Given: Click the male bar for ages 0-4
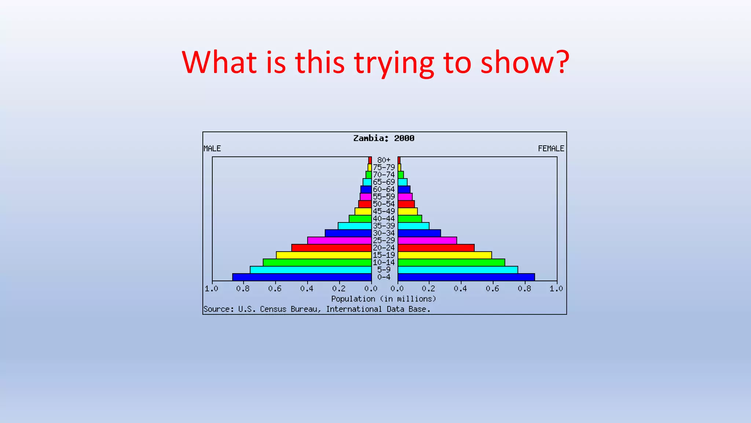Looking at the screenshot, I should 302,277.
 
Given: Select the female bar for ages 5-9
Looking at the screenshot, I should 458,270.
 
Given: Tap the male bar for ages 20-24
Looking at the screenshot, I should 331,248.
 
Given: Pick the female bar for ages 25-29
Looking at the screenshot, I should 427,241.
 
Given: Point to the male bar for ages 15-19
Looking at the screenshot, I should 324,255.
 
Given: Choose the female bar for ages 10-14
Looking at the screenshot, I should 451,263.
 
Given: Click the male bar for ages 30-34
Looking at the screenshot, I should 348,233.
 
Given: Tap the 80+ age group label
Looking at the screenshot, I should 384,160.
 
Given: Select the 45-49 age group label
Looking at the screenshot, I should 384,211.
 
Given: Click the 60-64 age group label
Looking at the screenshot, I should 384,189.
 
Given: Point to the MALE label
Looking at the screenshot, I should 212,149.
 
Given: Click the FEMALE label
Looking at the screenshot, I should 551,149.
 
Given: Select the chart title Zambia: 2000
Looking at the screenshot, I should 384,138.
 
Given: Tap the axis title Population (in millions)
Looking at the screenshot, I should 384,299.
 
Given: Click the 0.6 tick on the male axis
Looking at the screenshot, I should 275,289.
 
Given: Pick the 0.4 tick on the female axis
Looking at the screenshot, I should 460,289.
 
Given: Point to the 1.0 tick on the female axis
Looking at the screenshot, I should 556,289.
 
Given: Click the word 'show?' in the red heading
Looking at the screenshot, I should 525,62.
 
